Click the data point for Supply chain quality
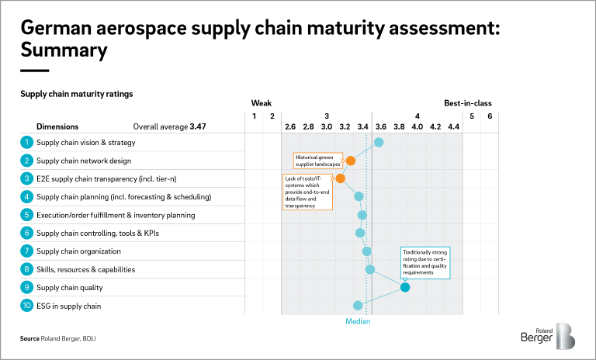click(404, 288)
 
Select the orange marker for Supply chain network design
click(351, 161)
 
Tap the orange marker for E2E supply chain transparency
click(340, 178)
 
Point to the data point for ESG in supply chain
click(358, 306)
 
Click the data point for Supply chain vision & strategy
click(379, 142)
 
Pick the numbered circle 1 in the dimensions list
click(26, 142)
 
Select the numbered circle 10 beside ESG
click(26, 306)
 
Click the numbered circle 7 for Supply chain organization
click(26, 251)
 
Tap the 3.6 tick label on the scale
click(381, 126)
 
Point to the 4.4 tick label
click(453, 126)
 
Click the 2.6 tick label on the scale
click(290, 126)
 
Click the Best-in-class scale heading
click(467, 102)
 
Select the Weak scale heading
click(261, 102)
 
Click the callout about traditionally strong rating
click(425, 261)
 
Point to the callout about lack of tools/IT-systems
click(307, 192)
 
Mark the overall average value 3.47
click(197, 126)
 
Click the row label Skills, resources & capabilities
click(86, 269)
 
